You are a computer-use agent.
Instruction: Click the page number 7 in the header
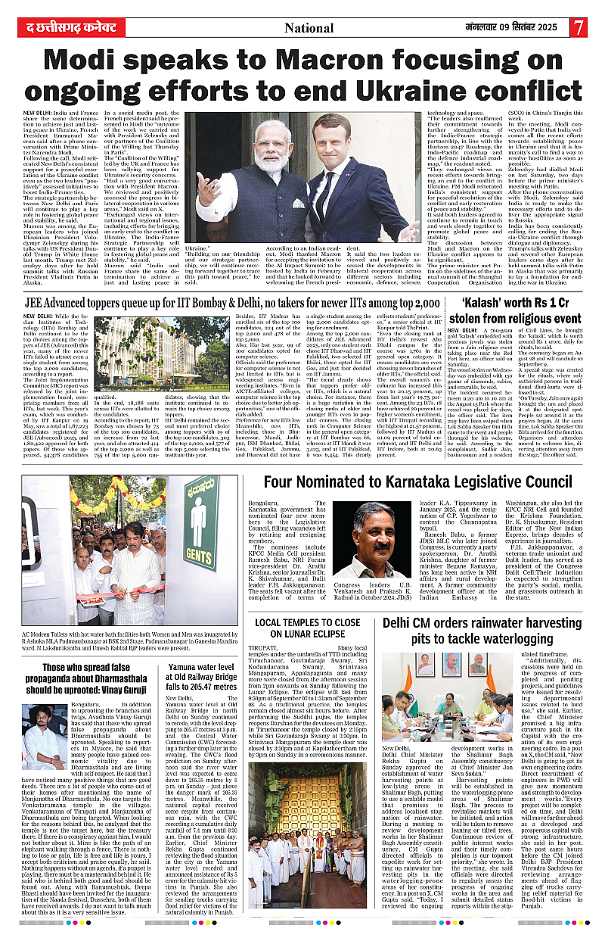579,27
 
